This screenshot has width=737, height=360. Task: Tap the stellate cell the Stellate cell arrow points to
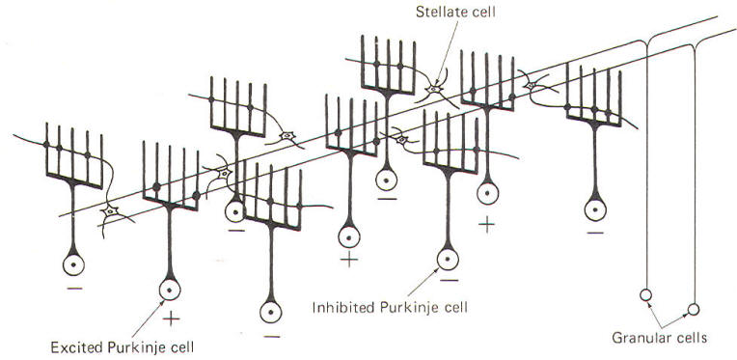(433, 90)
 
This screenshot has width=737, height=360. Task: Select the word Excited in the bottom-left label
(77, 347)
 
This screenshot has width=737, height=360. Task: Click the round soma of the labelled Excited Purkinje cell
(170, 290)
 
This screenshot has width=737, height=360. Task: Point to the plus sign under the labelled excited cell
(171, 319)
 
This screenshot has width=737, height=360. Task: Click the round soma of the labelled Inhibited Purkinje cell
(448, 260)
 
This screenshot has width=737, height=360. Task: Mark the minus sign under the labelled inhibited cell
(450, 281)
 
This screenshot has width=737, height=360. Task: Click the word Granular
(637, 338)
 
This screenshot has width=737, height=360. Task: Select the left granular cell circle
(645, 295)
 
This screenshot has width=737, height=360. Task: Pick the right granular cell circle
(693, 309)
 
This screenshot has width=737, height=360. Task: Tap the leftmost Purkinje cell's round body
(73, 265)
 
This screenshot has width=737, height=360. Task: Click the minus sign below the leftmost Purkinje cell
(74, 288)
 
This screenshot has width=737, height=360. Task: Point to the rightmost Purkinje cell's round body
(595, 209)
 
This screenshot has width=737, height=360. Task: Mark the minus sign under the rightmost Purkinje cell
(595, 233)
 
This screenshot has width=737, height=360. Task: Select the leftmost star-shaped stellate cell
(111, 211)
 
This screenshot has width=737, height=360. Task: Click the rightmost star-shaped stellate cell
(531, 86)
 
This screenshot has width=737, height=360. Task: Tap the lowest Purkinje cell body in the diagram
(271, 312)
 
